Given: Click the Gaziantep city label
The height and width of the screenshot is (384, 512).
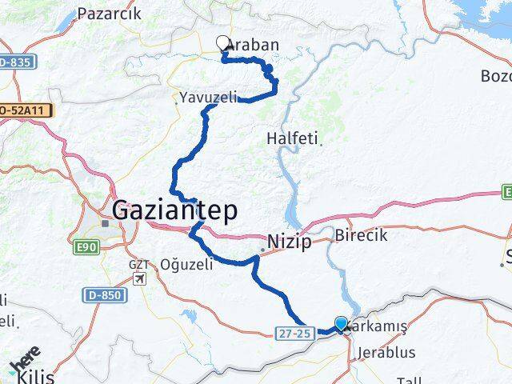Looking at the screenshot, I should pos(175,211).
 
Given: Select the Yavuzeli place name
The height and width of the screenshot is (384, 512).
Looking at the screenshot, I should pos(208,98).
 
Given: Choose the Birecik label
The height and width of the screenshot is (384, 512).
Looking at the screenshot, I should pos(361,235).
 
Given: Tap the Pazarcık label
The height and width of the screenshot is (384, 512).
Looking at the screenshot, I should pos(109,13).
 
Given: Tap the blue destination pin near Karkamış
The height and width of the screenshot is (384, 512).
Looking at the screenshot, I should pos(342,323).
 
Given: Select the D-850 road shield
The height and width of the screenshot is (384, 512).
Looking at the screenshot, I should pos(104,295).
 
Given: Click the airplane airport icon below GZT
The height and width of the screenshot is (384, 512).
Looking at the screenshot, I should pos(141,279).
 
